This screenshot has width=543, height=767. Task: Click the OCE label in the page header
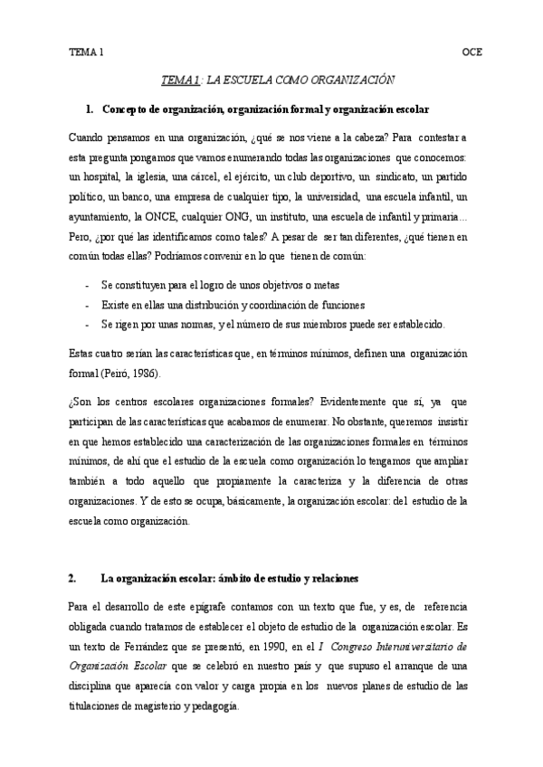[x=472, y=52]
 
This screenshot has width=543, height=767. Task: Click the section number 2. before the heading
[x=72, y=577]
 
